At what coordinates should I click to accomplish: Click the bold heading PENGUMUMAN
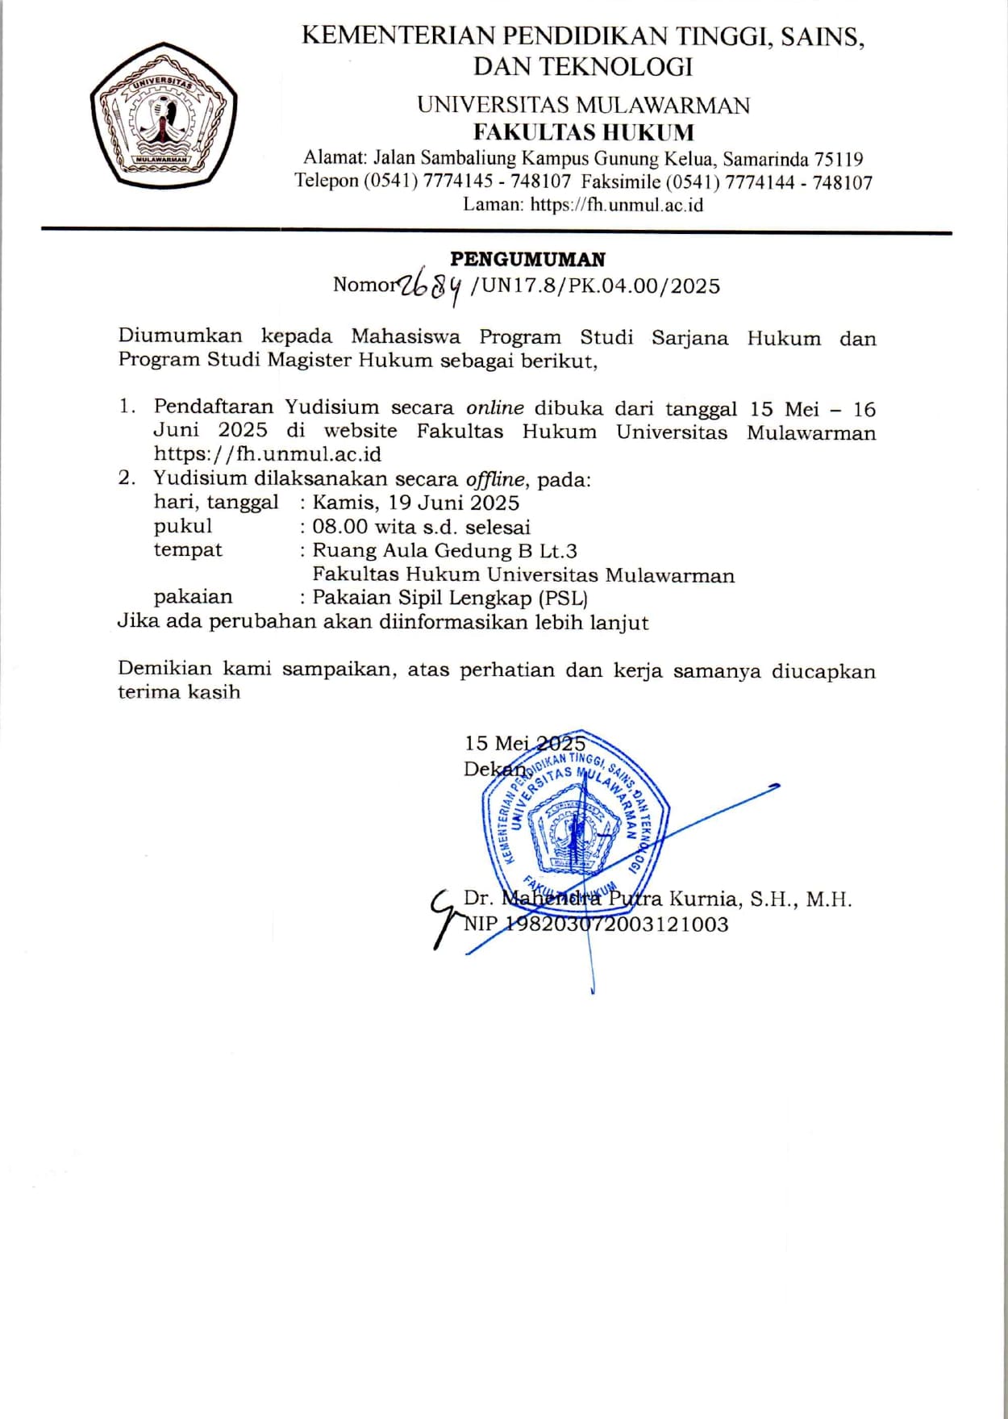[527, 259]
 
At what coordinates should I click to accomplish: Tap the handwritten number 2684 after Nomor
[433, 286]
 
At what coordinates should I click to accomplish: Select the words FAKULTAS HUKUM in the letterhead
[583, 132]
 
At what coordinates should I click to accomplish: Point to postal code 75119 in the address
[839, 159]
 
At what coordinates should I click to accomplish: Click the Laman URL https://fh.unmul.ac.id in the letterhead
[616, 205]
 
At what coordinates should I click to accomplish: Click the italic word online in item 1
[495, 408]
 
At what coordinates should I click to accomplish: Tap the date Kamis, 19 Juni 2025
[415, 503]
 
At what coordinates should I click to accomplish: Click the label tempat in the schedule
[188, 550]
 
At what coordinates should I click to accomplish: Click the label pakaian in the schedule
[193, 597]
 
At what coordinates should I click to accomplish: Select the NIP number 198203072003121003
[616, 924]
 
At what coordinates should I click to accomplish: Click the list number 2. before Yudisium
[127, 478]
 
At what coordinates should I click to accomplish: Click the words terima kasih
[179, 692]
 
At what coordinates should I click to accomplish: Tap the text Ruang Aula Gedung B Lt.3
[444, 551]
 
